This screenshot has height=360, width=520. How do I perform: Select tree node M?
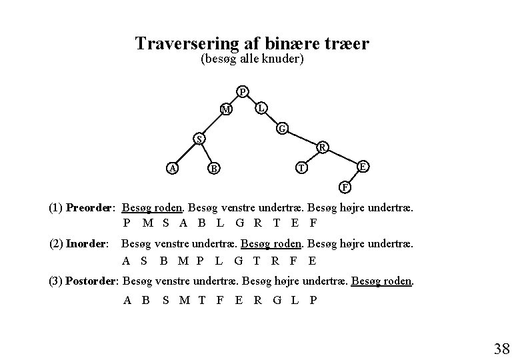[227, 109]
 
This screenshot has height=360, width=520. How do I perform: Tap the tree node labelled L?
[262, 107]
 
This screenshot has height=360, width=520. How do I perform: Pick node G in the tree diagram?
[283, 128]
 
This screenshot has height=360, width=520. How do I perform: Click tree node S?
[198, 139]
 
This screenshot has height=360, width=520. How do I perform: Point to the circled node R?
[322, 147]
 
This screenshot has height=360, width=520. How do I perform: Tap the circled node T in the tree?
[302, 169]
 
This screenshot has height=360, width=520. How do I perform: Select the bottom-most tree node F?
[343, 185]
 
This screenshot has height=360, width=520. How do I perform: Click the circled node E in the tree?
[362, 166]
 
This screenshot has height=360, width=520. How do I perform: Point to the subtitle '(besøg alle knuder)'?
[252, 60]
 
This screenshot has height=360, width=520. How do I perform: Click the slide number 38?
[502, 348]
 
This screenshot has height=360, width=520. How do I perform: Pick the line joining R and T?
[312, 158]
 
